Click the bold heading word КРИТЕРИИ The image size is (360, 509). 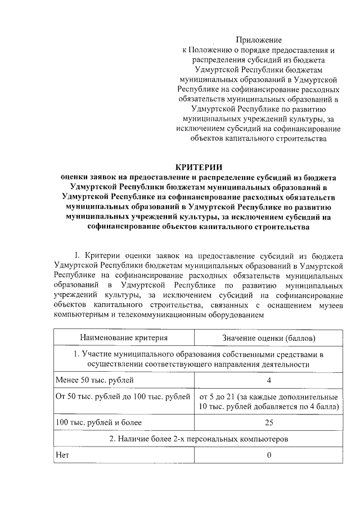point(199,167)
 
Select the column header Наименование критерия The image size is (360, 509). point(124,338)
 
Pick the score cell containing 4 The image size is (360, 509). point(269,381)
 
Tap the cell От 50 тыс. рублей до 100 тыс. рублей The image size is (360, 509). point(123,398)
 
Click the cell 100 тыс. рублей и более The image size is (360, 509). point(98,422)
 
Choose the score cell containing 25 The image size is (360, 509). point(269,422)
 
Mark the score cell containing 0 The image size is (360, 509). point(269,454)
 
